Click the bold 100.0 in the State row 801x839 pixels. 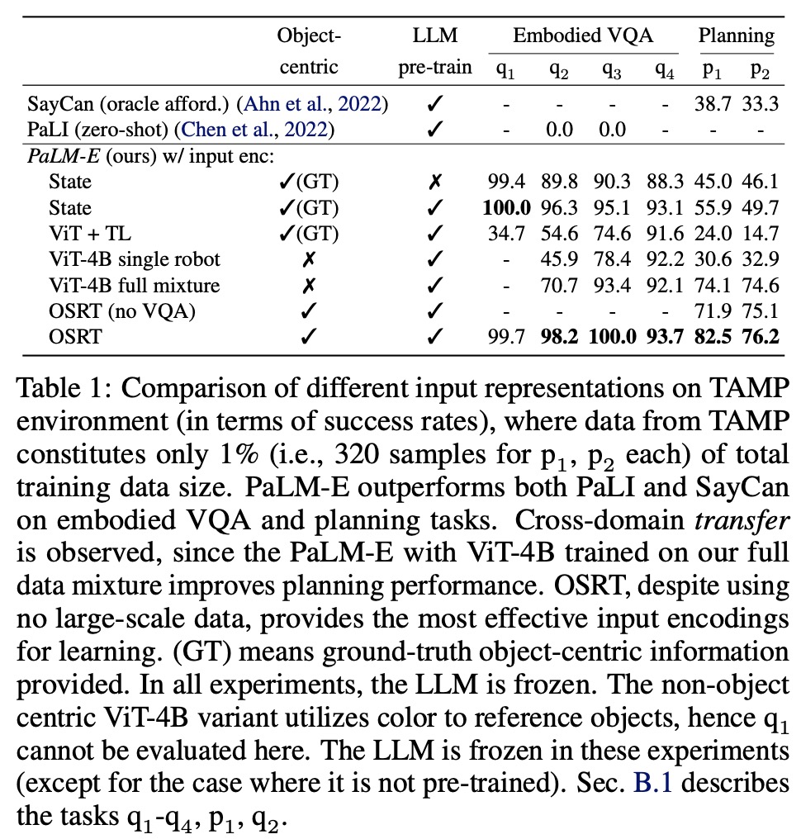[505, 207]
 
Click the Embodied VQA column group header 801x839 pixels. [584, 36]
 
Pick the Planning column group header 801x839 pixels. [737, 36]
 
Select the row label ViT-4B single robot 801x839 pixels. [134, 258]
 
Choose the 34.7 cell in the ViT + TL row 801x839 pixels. [505, 233]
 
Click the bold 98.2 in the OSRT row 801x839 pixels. [559, 336]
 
